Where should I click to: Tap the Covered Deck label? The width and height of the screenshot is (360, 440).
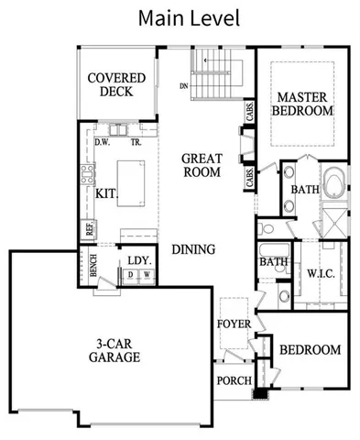(110, 84)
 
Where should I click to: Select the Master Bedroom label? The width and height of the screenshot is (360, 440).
(303, 104)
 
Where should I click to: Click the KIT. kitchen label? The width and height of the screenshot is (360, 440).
(106, 193)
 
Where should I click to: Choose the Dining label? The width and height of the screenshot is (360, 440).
(194, 248)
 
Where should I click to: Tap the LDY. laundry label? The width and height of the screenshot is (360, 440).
(138, 260)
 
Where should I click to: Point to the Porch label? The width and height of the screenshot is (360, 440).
(234, 380)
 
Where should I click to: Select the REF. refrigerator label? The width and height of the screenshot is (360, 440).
(90, 228)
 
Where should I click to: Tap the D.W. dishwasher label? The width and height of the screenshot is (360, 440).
(103, 142)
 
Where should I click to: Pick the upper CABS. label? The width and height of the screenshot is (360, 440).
(249, 111)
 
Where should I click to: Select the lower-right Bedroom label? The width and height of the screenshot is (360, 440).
(310, 349)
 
